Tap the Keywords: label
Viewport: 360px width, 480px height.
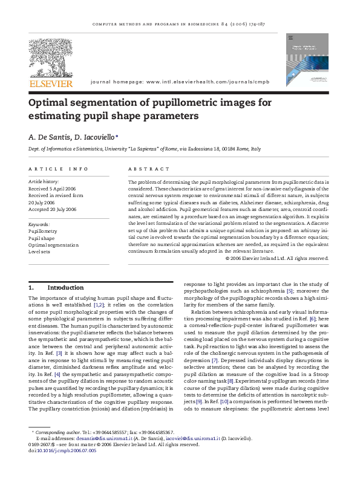tap(41, 224)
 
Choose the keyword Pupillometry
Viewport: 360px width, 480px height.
tap(44, 231)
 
